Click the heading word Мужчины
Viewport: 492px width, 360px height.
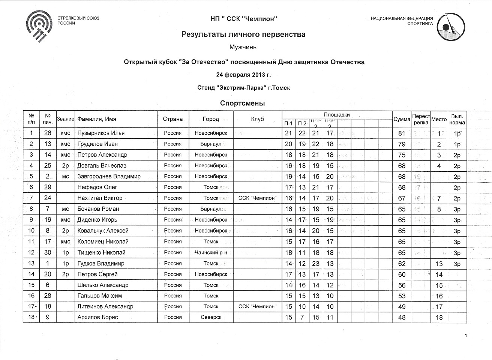coord(243,47)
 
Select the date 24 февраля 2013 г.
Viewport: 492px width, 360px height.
coord(243,75)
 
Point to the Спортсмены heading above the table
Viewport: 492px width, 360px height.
coord(242,103)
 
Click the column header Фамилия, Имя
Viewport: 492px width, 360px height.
coord(97,119)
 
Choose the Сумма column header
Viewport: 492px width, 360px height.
coord(402,119)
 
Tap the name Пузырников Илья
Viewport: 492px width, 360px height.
coord(101,133)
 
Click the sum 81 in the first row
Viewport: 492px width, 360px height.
coord(402,133)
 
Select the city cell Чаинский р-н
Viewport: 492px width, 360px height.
coord(211,253)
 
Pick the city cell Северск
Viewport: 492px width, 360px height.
coord(211,317)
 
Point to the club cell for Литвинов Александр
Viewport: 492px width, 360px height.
coord(257,306)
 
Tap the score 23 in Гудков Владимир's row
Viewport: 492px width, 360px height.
coord(316,264)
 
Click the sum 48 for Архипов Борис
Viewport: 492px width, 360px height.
coord(402,317)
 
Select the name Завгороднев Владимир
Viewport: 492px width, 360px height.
coord(109,176)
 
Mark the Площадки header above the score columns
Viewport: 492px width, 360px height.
coord(337,115)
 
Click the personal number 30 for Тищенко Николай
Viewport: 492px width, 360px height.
coord(48,253)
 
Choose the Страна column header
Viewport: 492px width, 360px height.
coord(173,119)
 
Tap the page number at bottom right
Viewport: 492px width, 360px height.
coord(465,336)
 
